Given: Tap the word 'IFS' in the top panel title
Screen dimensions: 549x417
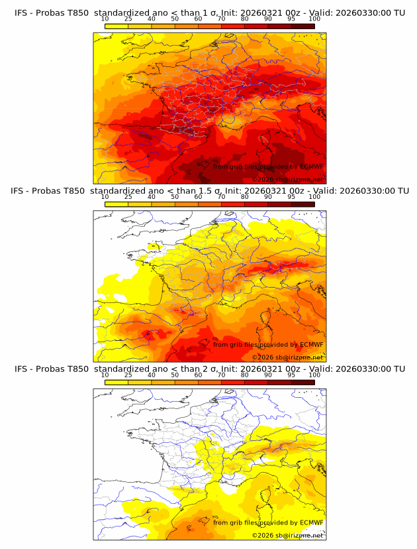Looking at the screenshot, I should tap(22, 12).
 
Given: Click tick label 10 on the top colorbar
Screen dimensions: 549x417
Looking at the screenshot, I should tap(105, 19).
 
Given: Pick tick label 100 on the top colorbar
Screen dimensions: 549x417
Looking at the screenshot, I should tap(314, 19).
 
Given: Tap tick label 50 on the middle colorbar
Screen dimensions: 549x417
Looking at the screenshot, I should tap(175, 197).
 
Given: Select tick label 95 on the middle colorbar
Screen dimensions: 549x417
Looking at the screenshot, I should tap(291, 197).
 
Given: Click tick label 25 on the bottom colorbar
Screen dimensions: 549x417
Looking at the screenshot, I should tap(128, 375).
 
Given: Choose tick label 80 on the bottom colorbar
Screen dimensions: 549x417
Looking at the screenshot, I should tap(245, 375).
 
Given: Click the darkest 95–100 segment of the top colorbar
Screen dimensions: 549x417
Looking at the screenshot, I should tap(302, 26).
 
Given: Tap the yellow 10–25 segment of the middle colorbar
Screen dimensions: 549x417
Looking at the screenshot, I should tap(116, 204).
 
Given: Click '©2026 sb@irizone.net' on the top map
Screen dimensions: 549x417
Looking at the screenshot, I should tap(287, 179).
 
